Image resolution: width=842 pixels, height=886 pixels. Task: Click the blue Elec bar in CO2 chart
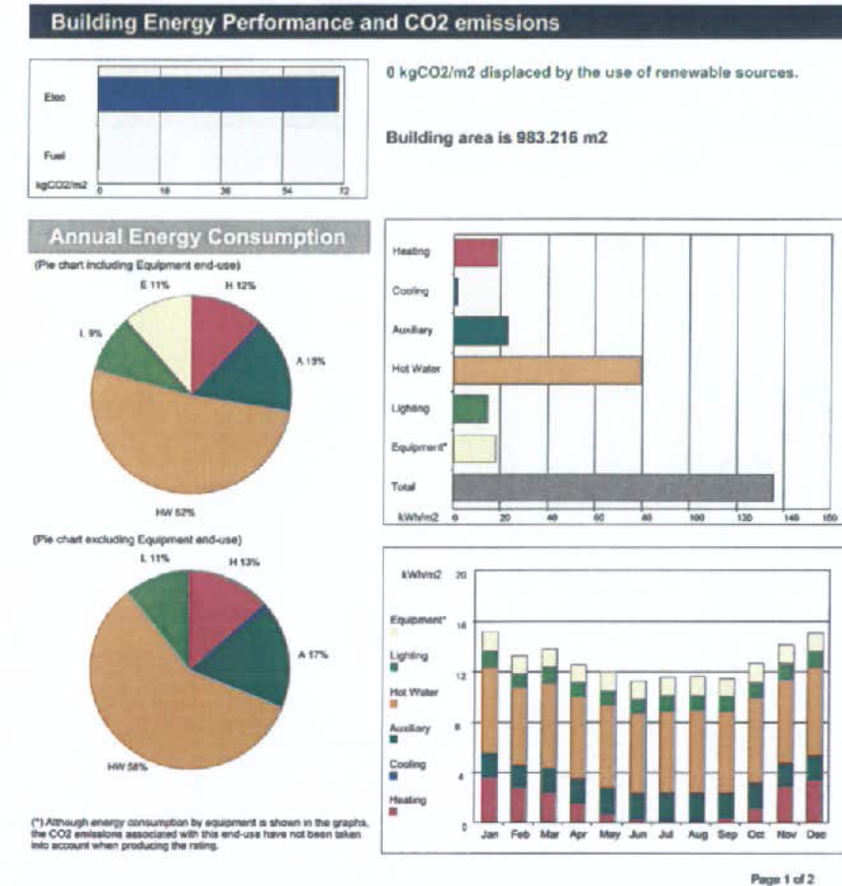[218, 95]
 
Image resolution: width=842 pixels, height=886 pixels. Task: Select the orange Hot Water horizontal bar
[547, 371]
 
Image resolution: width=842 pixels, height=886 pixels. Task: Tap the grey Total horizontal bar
[613, 487]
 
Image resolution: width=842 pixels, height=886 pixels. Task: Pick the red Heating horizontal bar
[476, 253]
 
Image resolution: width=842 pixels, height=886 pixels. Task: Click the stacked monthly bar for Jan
[489, 727]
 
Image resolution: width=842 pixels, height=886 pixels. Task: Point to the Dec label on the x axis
[815, 834]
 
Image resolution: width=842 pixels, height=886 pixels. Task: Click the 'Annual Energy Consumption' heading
[197, 237]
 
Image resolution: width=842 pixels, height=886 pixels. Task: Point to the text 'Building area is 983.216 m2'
[496, 138]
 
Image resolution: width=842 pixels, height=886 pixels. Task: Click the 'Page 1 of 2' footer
[781, 878]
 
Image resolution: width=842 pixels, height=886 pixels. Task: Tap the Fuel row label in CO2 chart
[54, 155]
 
